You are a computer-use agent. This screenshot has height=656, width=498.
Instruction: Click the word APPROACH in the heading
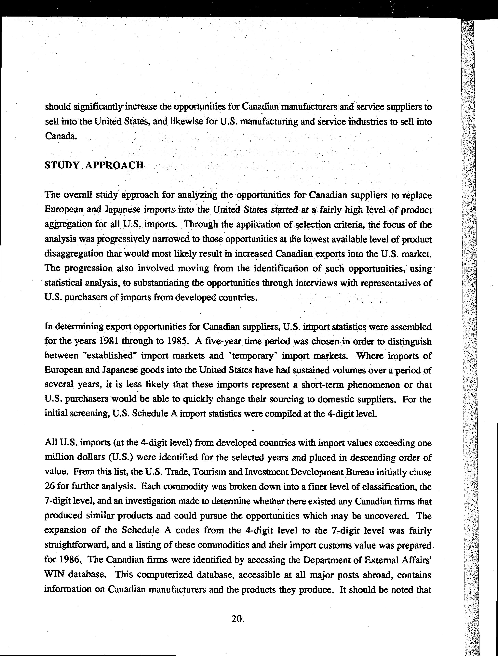click(114, 165)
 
